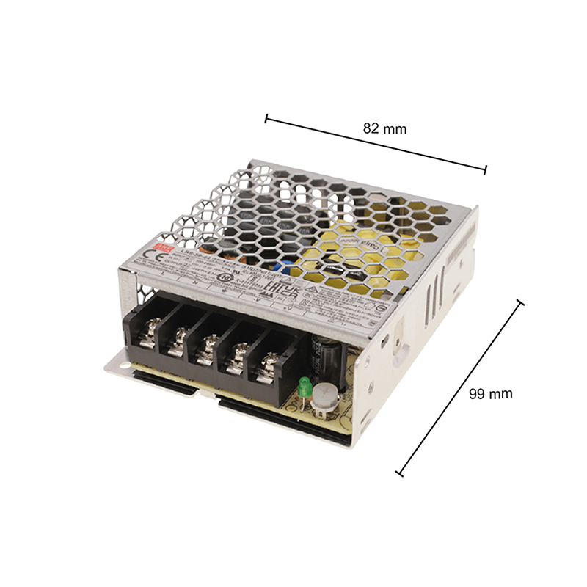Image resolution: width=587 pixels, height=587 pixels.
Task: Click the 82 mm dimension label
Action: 384,128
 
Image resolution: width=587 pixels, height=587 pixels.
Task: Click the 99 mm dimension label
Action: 490,393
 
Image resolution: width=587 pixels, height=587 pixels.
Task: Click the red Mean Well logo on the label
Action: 167,249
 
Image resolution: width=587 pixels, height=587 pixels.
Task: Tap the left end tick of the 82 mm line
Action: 267,117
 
